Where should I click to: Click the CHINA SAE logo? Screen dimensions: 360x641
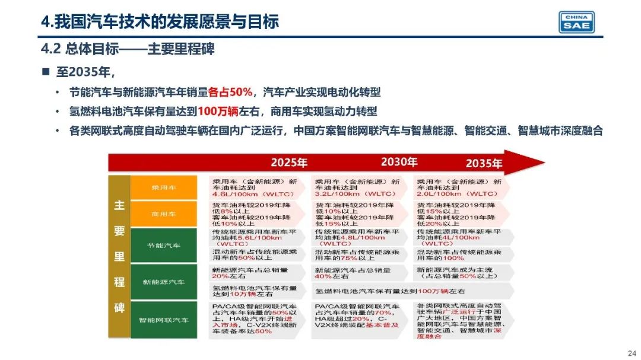click(x=576, y=21)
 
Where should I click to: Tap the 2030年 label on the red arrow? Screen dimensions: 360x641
click(x=399, y=162)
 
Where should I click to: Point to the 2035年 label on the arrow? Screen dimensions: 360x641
click(x=484, y=163)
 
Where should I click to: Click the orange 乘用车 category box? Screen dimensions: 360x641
click(x=163, y=188)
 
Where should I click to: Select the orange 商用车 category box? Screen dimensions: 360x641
click(x=163, y=214)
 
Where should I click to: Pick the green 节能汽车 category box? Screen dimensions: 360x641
click(x=163, y=245)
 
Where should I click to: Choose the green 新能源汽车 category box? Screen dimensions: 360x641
click(x=163, y=282)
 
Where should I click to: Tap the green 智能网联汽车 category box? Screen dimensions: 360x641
click(x=163, y=320)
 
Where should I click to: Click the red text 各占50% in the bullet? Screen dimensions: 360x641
click(x=230, y=93)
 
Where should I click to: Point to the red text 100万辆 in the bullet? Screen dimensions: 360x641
click(x=219, y=111)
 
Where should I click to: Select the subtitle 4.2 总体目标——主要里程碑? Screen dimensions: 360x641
click(x=132, y=49)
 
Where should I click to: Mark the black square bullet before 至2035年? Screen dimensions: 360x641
click(x=45, y=72)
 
